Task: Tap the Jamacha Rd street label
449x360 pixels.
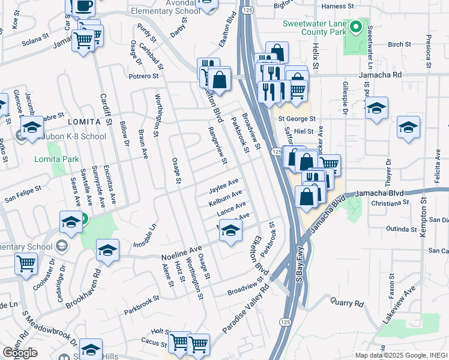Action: point(381,75)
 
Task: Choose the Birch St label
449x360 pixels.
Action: point(399,44)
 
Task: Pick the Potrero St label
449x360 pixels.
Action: point(143,76)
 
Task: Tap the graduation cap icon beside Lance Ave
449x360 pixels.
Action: point(230,229)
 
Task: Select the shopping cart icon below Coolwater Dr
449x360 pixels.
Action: point(26,263)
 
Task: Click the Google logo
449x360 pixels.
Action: point(20,353)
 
